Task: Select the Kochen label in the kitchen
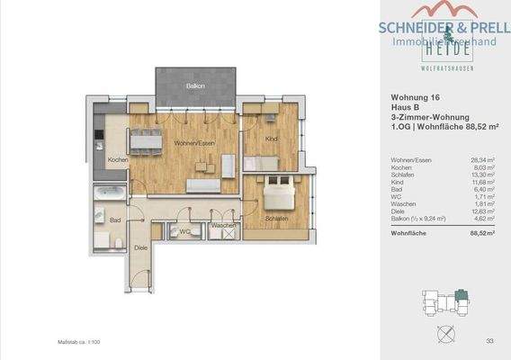pyautogui.click(x=117, y=159)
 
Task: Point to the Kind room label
pyautogui.click(x=272, y=139)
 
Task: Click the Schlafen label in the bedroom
pyautogui.click(x=276, y=219)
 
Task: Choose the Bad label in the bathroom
pyautogui.click(x=116, y=220)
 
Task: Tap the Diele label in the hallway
pyautogui.click(x=141, y=246)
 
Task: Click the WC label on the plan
pyautogui.click(x=184, y=231)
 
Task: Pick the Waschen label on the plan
pyautogui.click(x=223, y=225)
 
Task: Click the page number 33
pyautogui.click(x=489, y=340)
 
